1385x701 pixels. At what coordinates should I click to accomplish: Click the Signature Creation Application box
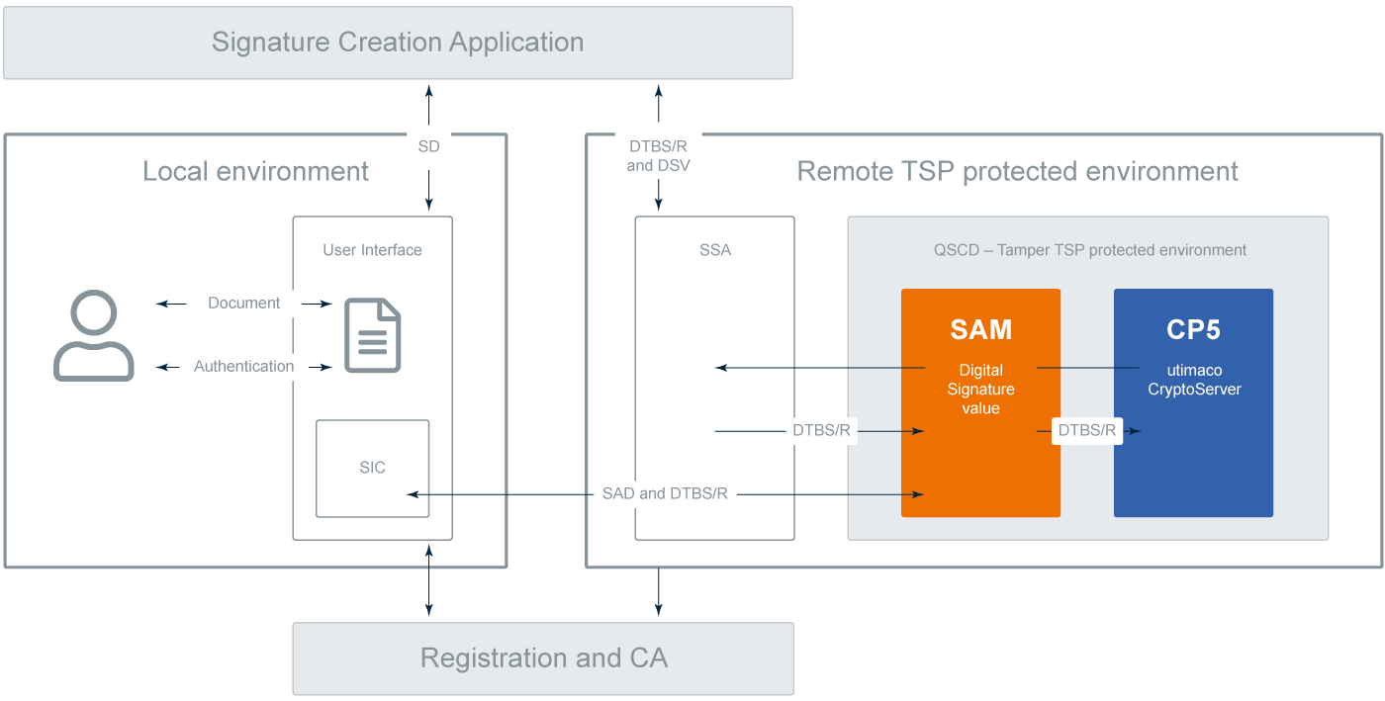pyautogui.click(x=398, y=43)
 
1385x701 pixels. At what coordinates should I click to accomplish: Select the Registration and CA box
pyautogui.click(x=543, y=658)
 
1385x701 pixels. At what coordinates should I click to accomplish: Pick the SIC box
pyautogui.click(x=372, y=468)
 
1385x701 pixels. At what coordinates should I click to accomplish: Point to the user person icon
pyautogui.click(x=93, y=335)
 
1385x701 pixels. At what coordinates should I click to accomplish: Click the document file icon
pyautogui.click(x=372, y=335)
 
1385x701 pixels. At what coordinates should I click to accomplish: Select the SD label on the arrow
pyautogui.click(x=428, y=146)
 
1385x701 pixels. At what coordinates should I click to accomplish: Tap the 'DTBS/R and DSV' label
pyautogui.click(x=658, y=156)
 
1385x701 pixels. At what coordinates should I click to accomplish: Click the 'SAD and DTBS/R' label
pyautogui.click(x=665, y=493)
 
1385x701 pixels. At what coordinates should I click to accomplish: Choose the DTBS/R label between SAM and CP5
pyautogui.click(x=1087, y=430)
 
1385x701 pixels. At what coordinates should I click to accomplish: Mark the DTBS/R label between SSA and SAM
pyautogui.click(x=821, y=431)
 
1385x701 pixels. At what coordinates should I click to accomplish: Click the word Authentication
pyautogui.click(x=243, y=366)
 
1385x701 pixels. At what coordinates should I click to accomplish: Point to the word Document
pyautogui.click(x=243, y=303)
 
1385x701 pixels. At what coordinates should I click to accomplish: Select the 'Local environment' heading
pyautogui.click(x=255, y=171)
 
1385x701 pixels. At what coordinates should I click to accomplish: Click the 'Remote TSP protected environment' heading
pyautogui.click(x=1017, y=171)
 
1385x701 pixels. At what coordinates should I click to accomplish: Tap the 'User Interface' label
pyautogui.click(x=372, y=250)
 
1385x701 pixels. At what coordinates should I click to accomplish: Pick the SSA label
pyautogui.click(x=714, y=250)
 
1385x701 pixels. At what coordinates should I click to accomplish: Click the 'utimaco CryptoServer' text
pyautogui.click(x=1193, y=380)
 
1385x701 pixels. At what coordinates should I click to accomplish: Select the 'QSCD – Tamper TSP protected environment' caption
pyautogui.click(x=1087, y=250)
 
